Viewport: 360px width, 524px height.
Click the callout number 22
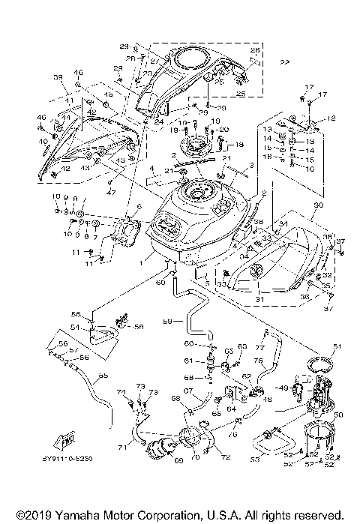pyautogui.click(x=284, y=62)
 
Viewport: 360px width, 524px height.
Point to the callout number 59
pyautogui.click(x=168, y=322)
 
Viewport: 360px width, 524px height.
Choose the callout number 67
pyautogui.click(x=190, y=391)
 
